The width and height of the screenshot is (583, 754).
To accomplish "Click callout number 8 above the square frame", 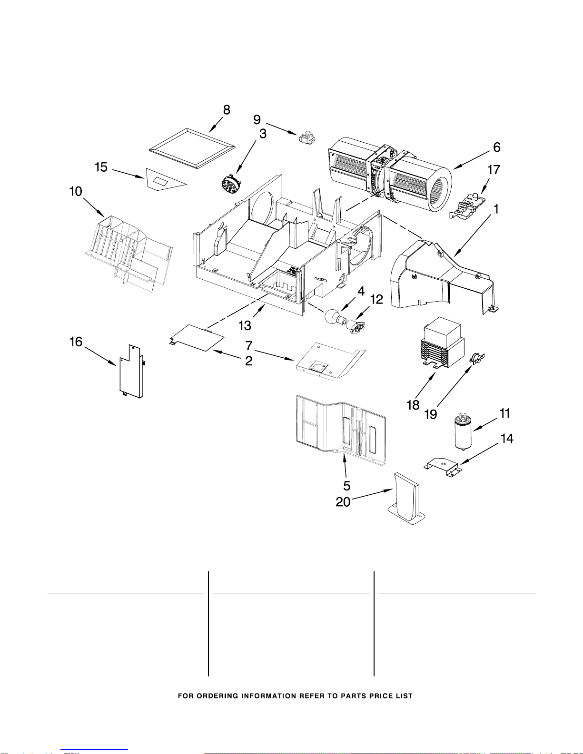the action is click(x=227, y=110).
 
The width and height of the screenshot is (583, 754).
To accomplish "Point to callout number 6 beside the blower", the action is click(x=497, y=147).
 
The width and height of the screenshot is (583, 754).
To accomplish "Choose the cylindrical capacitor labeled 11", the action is click(x=463, y=431).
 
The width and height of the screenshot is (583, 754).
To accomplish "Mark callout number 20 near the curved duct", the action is click(x=343, y=502).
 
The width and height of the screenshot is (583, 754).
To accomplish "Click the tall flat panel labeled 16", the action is click(x=131, y=372).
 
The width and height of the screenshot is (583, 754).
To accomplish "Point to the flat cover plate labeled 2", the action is click(x=197, y=338).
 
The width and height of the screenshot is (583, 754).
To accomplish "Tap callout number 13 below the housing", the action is click(x=245, y=325).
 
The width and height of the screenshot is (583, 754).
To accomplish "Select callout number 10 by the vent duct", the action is click(x=76, y=192).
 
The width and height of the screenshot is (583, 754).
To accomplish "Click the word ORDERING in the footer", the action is click(x=217, y=696).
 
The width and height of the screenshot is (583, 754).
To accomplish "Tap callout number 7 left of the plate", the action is click(x=249, y=345).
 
